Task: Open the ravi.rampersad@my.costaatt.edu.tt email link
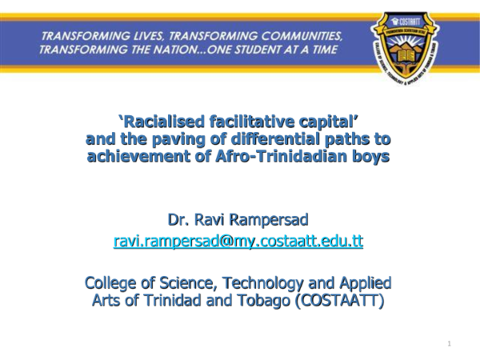pyautogui.click(x=238, y=240)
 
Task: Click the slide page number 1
pyautogui.click(x=450, y=343)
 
